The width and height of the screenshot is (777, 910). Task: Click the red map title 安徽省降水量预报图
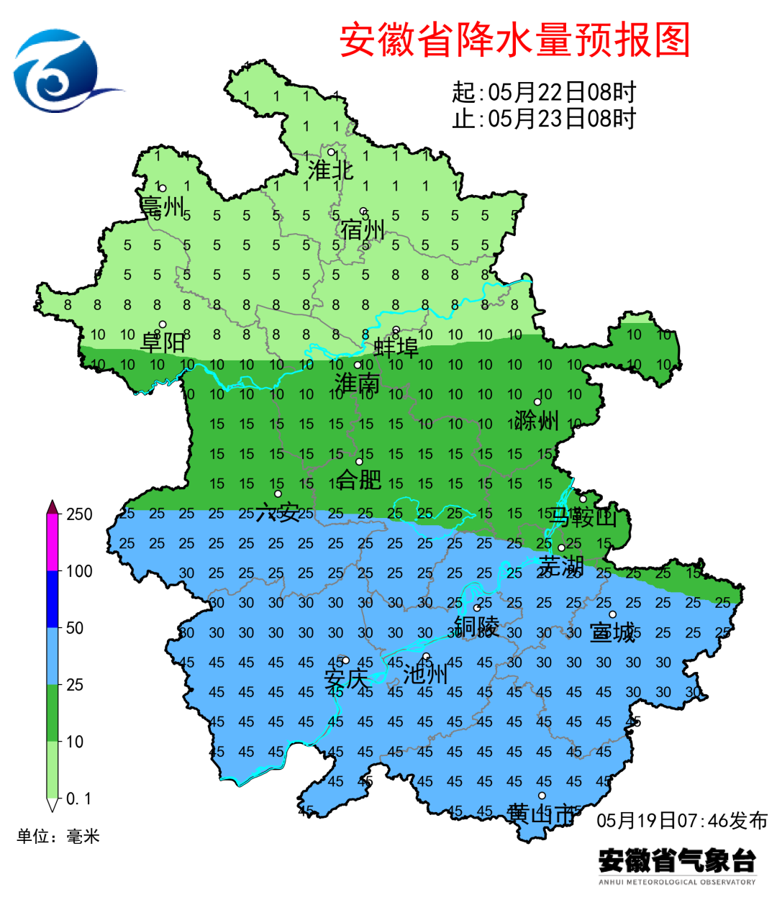click(514, 40)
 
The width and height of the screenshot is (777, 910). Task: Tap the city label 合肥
click(359, 478)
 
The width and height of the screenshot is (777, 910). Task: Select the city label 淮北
click(330, 170)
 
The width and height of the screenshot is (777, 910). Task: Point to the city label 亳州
click(163, 206)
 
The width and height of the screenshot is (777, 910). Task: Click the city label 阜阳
click(163, 342)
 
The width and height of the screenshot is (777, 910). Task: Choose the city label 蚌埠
click(396, 347)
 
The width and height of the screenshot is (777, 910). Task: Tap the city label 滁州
click(537, 420)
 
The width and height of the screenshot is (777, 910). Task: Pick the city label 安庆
click(345, 678)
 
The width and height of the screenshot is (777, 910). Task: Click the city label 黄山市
click(541, 814)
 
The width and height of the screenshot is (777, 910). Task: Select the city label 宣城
click(612, 632)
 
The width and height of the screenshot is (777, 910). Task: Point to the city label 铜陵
click(476, 626)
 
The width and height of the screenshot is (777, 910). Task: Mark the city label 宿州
click(363, 230)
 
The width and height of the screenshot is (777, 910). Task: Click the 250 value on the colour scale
click(79, 514)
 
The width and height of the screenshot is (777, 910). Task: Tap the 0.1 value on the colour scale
click(78, 798)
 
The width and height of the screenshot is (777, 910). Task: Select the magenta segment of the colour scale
click(53, 543)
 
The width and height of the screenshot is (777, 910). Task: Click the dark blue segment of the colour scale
click(53, 599)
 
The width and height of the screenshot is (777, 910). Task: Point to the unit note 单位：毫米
click(58, 836)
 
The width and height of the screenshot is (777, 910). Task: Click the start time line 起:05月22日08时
click(544, 92)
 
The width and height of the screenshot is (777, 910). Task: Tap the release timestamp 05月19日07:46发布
click(681, 820)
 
